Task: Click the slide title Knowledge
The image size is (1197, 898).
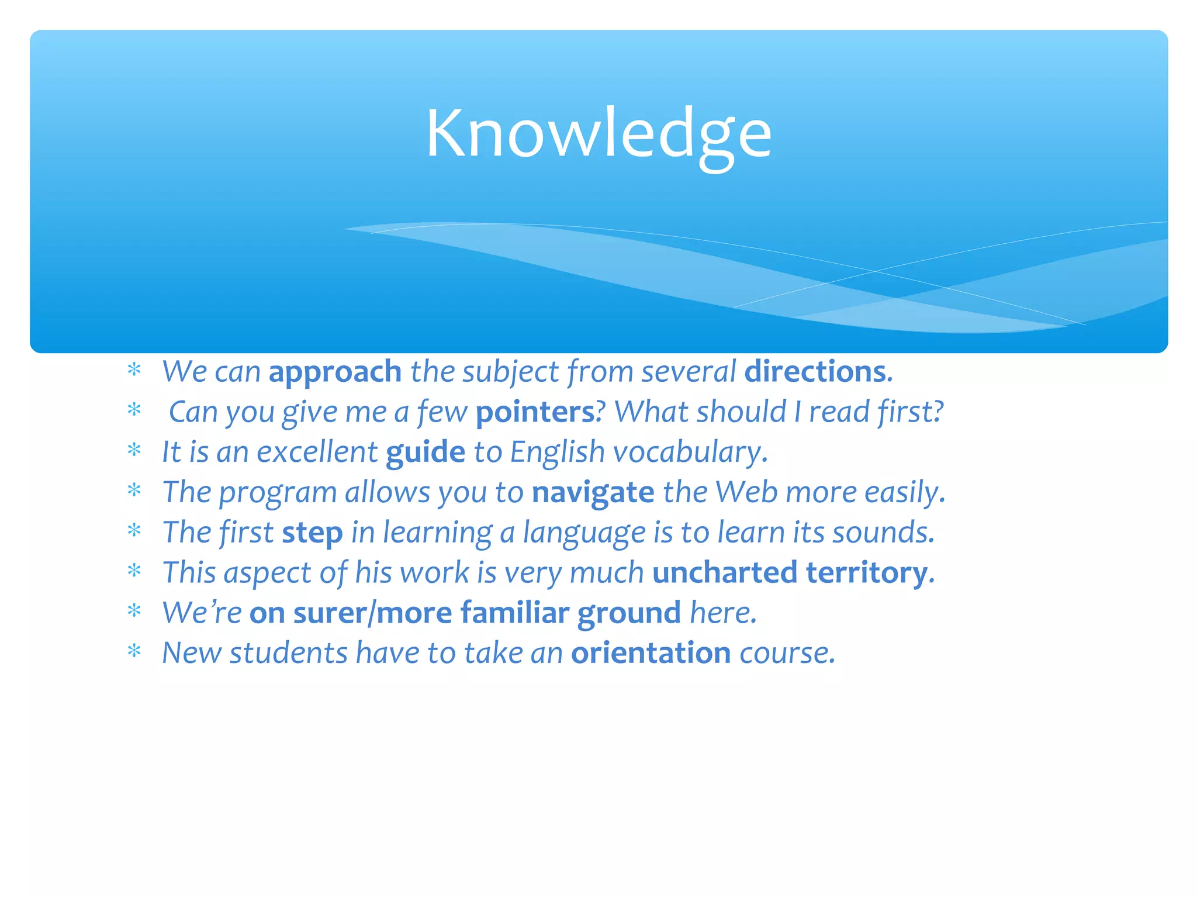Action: (598, 134)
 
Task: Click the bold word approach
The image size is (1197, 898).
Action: (335, 372)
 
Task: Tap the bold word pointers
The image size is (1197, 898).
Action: (535, 412)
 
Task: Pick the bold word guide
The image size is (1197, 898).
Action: (425, 453)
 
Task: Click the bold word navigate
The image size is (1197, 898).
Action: (593, 492)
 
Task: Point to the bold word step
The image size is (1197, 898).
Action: (312, 533)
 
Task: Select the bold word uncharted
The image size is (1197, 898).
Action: (725, 572)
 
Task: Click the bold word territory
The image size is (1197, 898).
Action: (867, 572)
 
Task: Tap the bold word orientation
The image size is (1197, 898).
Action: (651, 653)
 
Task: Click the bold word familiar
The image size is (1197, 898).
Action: (514, 613)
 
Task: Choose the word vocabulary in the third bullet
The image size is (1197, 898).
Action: (687, 453)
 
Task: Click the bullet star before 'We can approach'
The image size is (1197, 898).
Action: (134, 371)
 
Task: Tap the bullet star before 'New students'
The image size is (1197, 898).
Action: (134, 652)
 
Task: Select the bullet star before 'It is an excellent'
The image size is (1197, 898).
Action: (134, 451)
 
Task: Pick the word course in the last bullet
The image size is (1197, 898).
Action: (784, 653)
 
